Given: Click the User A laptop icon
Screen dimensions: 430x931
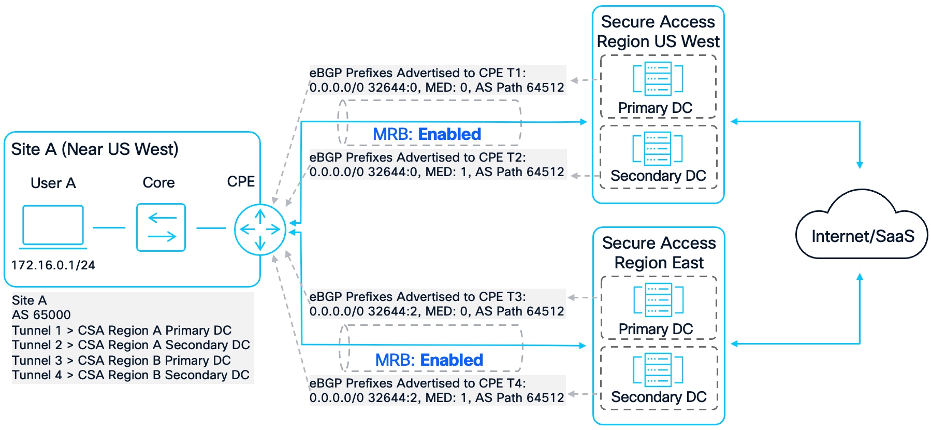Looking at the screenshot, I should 53,226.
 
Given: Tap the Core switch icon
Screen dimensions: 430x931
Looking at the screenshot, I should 161,227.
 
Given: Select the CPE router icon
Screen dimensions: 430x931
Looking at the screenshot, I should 260,229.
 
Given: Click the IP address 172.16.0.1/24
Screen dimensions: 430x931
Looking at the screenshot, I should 53,265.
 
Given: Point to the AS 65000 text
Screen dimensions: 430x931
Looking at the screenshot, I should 41,315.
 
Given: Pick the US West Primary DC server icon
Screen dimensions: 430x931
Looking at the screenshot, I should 658,79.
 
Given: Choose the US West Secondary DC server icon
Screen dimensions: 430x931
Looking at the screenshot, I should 658,148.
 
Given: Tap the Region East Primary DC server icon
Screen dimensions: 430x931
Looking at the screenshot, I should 659,300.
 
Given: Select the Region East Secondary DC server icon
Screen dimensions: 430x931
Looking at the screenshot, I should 658,370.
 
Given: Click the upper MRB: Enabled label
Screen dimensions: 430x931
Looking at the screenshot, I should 427,134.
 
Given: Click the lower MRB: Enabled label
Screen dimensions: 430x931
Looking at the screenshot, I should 429,360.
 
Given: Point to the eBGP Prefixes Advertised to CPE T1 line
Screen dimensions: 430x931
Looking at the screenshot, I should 417,73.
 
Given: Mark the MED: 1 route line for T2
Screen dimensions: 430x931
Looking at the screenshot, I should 437,172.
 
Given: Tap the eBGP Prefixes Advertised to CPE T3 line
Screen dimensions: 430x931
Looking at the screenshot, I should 417,297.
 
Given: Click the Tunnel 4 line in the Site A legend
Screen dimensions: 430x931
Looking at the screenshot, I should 130,375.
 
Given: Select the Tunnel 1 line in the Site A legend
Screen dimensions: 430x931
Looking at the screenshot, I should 122,331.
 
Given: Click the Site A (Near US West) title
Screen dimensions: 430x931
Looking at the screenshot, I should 95,149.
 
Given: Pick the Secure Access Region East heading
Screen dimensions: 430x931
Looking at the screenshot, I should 659,253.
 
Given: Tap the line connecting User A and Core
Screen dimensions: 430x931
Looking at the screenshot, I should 109,227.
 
